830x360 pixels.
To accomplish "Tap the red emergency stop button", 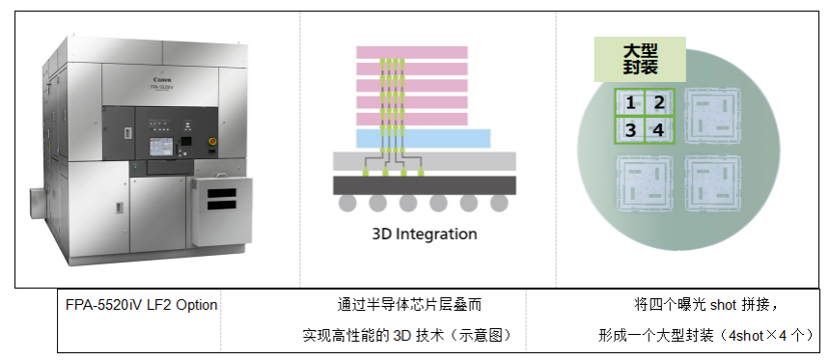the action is (x=213, y=143).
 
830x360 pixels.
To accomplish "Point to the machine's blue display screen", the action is (x=161, y=147).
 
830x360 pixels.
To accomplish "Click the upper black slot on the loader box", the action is (x=222, y=193).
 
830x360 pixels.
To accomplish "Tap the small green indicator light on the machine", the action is (x=135, y=167).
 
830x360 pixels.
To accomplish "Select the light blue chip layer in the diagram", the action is (x=424, y=138).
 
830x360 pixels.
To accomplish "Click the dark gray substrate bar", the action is (x=425, y=185).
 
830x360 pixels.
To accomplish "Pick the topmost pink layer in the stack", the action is (x=412, y=52).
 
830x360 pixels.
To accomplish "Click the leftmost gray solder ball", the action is (x=347, y=203).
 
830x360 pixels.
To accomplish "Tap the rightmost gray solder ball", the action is (x=499, y=203).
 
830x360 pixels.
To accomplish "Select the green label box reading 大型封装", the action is (x=640, y=59).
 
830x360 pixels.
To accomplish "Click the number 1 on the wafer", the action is (x=630, y=102).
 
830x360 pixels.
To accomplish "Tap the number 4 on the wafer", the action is (x=658, y=129).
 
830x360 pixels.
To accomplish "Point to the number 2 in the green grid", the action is (x=659, y=102).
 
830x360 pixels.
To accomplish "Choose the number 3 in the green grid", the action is (x=630, y=129).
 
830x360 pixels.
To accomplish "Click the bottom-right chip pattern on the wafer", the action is (x=709, y=183).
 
